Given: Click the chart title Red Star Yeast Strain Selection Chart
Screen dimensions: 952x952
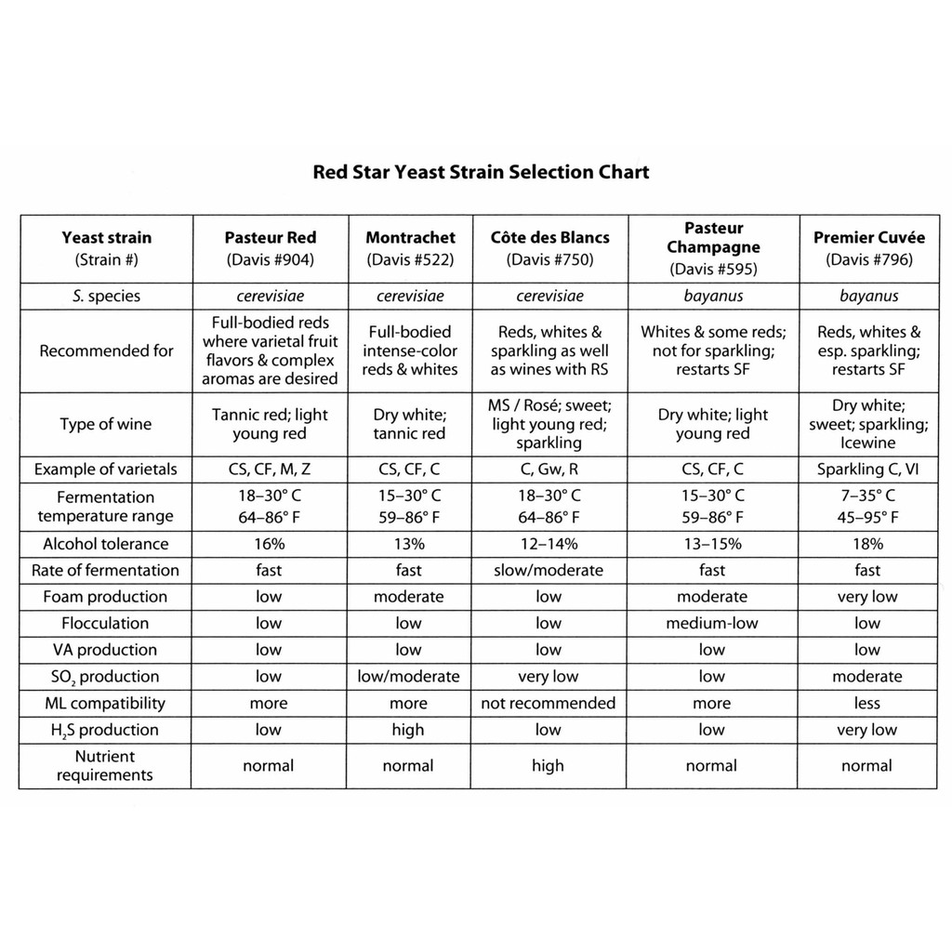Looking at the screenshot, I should (x=481, y=172).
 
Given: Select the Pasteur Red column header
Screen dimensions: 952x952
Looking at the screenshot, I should (x=270, y=248).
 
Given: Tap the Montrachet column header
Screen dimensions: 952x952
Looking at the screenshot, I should (x=410, y=248).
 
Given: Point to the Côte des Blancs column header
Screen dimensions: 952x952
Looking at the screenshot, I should (x=549, y=248).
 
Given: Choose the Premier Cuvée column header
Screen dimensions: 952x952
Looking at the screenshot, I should (x=868, y=248).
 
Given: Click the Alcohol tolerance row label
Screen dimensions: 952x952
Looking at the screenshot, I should (x=105, y=544).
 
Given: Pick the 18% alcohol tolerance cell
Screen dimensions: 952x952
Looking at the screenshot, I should (x=867, y=544).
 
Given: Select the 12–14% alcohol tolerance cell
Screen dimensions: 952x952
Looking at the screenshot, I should (x=549, y=544).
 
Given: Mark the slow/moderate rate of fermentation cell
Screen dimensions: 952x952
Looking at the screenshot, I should (x=549, y=570).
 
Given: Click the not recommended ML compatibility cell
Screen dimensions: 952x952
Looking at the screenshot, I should (x=549, y=703).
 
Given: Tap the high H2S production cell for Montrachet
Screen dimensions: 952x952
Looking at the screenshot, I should (x=408, y=730).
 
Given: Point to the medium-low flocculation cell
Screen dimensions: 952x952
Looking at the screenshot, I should (x=711, y=623).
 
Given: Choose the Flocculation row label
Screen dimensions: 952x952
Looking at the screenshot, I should (x=105, y=623).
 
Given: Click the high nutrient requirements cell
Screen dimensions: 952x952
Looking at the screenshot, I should (x=549, y=766).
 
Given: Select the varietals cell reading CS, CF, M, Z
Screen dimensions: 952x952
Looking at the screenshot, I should (x=270, y=469).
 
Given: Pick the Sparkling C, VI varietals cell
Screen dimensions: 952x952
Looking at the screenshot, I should (x=867, y=469).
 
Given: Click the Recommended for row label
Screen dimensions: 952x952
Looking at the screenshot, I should (x=106, y=351).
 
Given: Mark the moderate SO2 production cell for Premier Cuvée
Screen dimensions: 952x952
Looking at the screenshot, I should (x=867, y=677).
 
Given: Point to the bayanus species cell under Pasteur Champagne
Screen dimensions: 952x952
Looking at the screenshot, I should (x=711, y=297).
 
